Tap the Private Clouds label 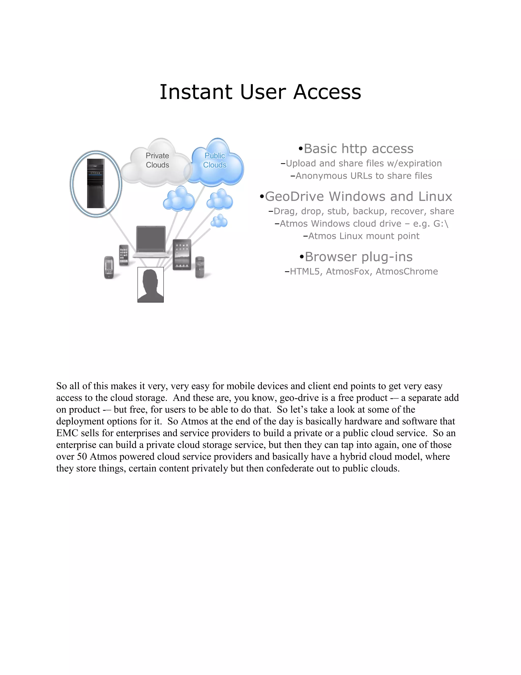[x=157, y=160]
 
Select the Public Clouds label [x=215, y=160]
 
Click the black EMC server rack [x=96, y=183]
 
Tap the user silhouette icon [x=151, y=285]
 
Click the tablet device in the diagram [x=182, y=254]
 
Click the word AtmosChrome [x=407, y=271]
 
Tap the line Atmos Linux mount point [x=361, y=236]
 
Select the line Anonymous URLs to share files [x=361, y=176]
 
